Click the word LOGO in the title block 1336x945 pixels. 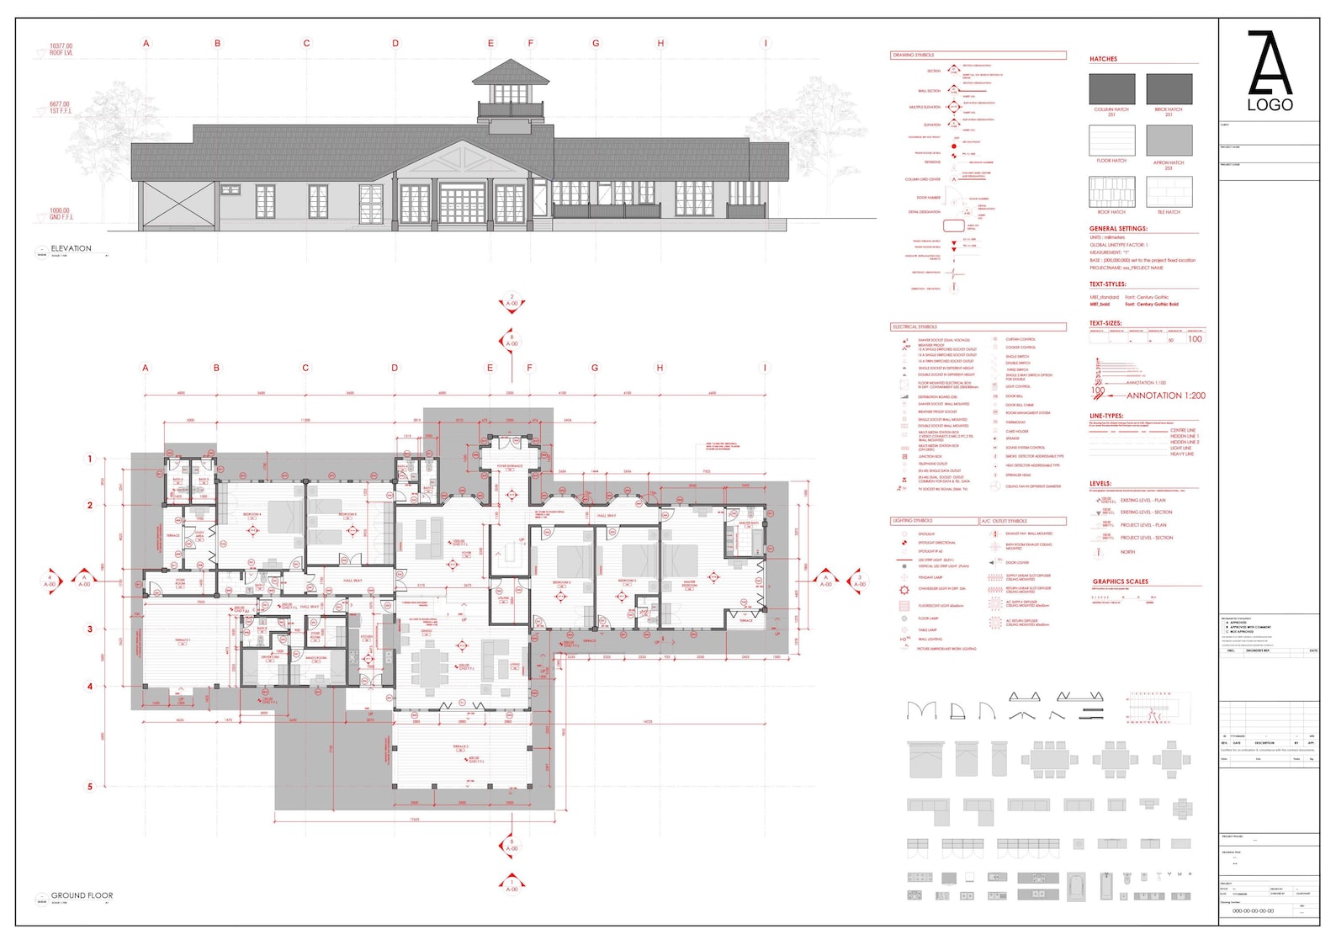pyautogui.click(x=1270, y=105)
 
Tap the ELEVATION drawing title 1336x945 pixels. pyautogui.click(x=71, y=248)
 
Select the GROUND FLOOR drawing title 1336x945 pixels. pyautogui.click(x=82, y=895)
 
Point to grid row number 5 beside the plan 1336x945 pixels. pyautogui.click(x=90, y=787)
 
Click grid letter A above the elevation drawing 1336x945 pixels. pyautogui.click(x=146, y=43)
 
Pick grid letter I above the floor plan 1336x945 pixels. pyautogui.click(x=765, y=368)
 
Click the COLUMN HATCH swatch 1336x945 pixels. pyautogui.click(x=1111, y=89)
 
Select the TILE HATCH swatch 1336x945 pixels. pyautogui.click(x=1169, y=192)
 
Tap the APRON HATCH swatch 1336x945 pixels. pyautogui.click(x=1169, y=141)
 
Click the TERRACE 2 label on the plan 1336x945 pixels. pyautogui.click(x=460, y=747)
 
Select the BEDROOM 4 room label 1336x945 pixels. pyautogui.click(x=252, y=514)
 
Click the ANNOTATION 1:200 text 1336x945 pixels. pyautogui.click(x=1165, y=396)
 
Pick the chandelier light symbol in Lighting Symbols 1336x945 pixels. pyautogui.click(x=904, y=590)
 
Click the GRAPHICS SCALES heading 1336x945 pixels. pyautogui.click(x=1120, y=581)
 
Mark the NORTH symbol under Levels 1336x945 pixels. pyautogui.click(x=1097, y=553)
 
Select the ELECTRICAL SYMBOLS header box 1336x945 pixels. pyautogui.click(x=978, y=327)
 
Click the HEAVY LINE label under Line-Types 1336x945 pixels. pyautogui.click(x=1181, y=454)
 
